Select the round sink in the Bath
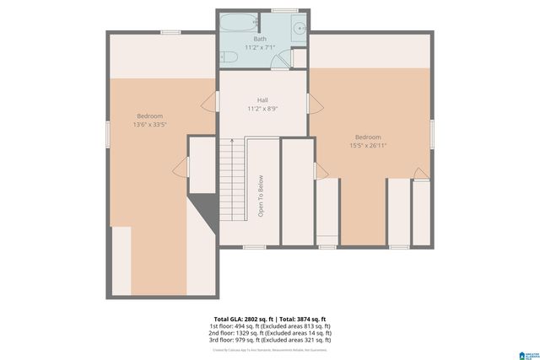coord(299,28)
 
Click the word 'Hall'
coord(262,100)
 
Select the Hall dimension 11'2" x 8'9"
coord(262,109)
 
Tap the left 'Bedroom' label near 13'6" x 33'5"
coord(149,116)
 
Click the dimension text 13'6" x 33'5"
coord(149,124)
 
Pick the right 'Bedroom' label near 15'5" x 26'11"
coord(368,137)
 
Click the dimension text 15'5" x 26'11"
coord(368,146)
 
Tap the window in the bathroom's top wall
coord(283,10)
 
